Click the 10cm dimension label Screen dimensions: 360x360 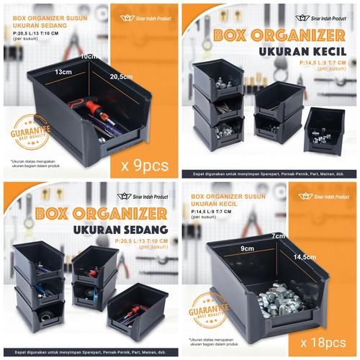pyautogui.click(x=89, y=56)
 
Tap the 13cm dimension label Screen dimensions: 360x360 pyautogui.click(x=63, y=72)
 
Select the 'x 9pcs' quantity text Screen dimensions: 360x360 pyautogui.click(x=145, y=164)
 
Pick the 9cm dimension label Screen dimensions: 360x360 pyautogui.click(x=249, y=250)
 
